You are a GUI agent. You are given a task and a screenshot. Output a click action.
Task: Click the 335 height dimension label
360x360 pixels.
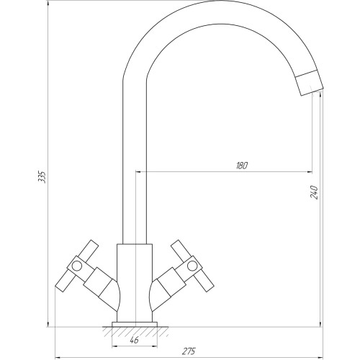coord(42,177)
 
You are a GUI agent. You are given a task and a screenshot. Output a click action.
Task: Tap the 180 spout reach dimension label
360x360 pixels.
coord(242,166)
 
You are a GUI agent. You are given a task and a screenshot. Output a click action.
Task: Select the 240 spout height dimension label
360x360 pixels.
coord(314,192)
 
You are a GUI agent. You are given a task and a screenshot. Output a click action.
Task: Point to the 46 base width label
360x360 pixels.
coord(135,340)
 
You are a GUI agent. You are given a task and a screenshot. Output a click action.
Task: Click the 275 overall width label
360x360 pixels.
coord(189,351)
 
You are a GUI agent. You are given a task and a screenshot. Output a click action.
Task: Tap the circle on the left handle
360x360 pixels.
coord(77,266)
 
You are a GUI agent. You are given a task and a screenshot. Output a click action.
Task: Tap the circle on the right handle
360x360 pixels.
coord(192,266)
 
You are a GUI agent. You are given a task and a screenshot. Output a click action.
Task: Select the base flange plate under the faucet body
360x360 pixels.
coord(135,325)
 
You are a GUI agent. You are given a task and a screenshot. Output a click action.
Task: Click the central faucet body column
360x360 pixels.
coord(135,283)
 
